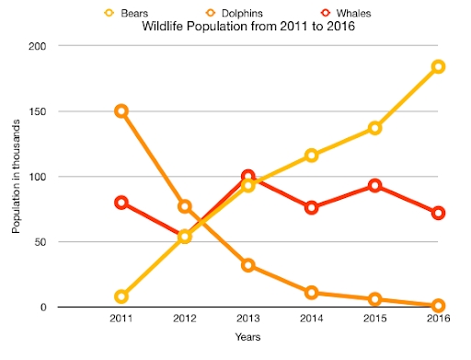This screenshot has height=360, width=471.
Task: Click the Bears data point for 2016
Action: pyautogui.click(x=439, y=66)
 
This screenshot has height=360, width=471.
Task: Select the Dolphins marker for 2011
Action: pyautogui.click(x=121, y=110)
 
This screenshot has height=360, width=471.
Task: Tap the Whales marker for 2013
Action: pyautogui.click(x=247, y=176)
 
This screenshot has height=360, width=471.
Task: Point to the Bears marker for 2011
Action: pyautogui.click(x=121, y=296)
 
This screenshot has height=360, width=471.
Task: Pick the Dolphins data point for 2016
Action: pyautogui.click(x=439, y=305)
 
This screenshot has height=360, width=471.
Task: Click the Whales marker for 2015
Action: pyautogui.click(x=375, y=185)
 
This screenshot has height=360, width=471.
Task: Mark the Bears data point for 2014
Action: pyautogui.click(x=312, y=156)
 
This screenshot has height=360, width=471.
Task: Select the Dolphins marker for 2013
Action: pyautogui.click(x=247, y=265)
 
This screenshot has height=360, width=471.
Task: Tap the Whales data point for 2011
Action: pyautogui.click(x=121, y=203)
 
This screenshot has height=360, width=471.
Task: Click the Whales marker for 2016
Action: pyautogui.click(x=439, y=213)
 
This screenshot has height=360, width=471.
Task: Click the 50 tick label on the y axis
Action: pyautogui.click(x=44, y=242)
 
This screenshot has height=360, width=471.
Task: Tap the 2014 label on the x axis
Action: pyautogui.click(x=312, y=318)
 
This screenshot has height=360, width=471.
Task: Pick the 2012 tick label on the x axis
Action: pyautogui.click(x=184, y=318)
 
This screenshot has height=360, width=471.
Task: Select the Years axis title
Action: pyautogui.click(x=247, y=337)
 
